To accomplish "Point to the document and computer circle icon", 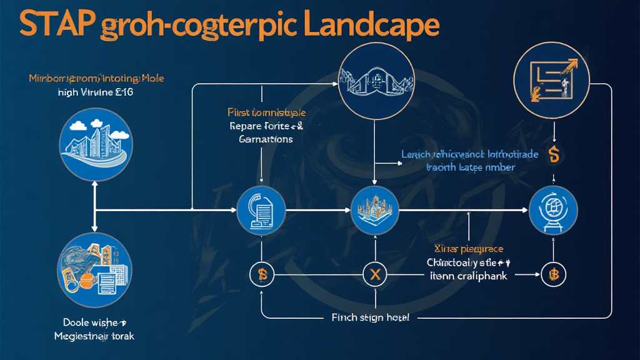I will tap(261, 211).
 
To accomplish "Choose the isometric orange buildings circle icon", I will tap(375, 211).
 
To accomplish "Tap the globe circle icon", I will tap(553, 211).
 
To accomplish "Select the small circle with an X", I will tap(375, 274).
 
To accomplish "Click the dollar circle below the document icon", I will tap(262, 274).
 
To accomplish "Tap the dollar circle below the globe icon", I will tap(553, 274).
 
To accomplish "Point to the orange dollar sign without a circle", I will tap(552, 154).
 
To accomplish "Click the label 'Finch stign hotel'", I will tap(370, 317).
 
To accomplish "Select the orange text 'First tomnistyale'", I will tap(266, 112).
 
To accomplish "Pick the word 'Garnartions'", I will tap(266, 139).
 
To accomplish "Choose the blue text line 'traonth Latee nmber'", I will tap(470, 167).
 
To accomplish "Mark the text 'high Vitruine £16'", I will tap(95, 92).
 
